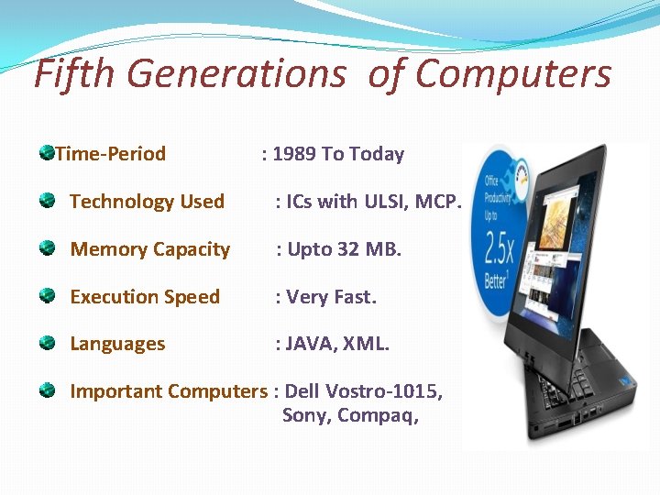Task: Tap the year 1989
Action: (294, 154)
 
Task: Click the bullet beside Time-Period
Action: (46, 151)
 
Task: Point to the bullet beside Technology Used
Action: (47, 199)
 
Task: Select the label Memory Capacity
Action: (150, 249)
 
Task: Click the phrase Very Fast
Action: (332, 297)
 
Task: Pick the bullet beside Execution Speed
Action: (47, 294)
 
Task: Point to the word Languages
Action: (117, 345)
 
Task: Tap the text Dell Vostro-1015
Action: (364, 391)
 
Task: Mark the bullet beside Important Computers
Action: (47, 390)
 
